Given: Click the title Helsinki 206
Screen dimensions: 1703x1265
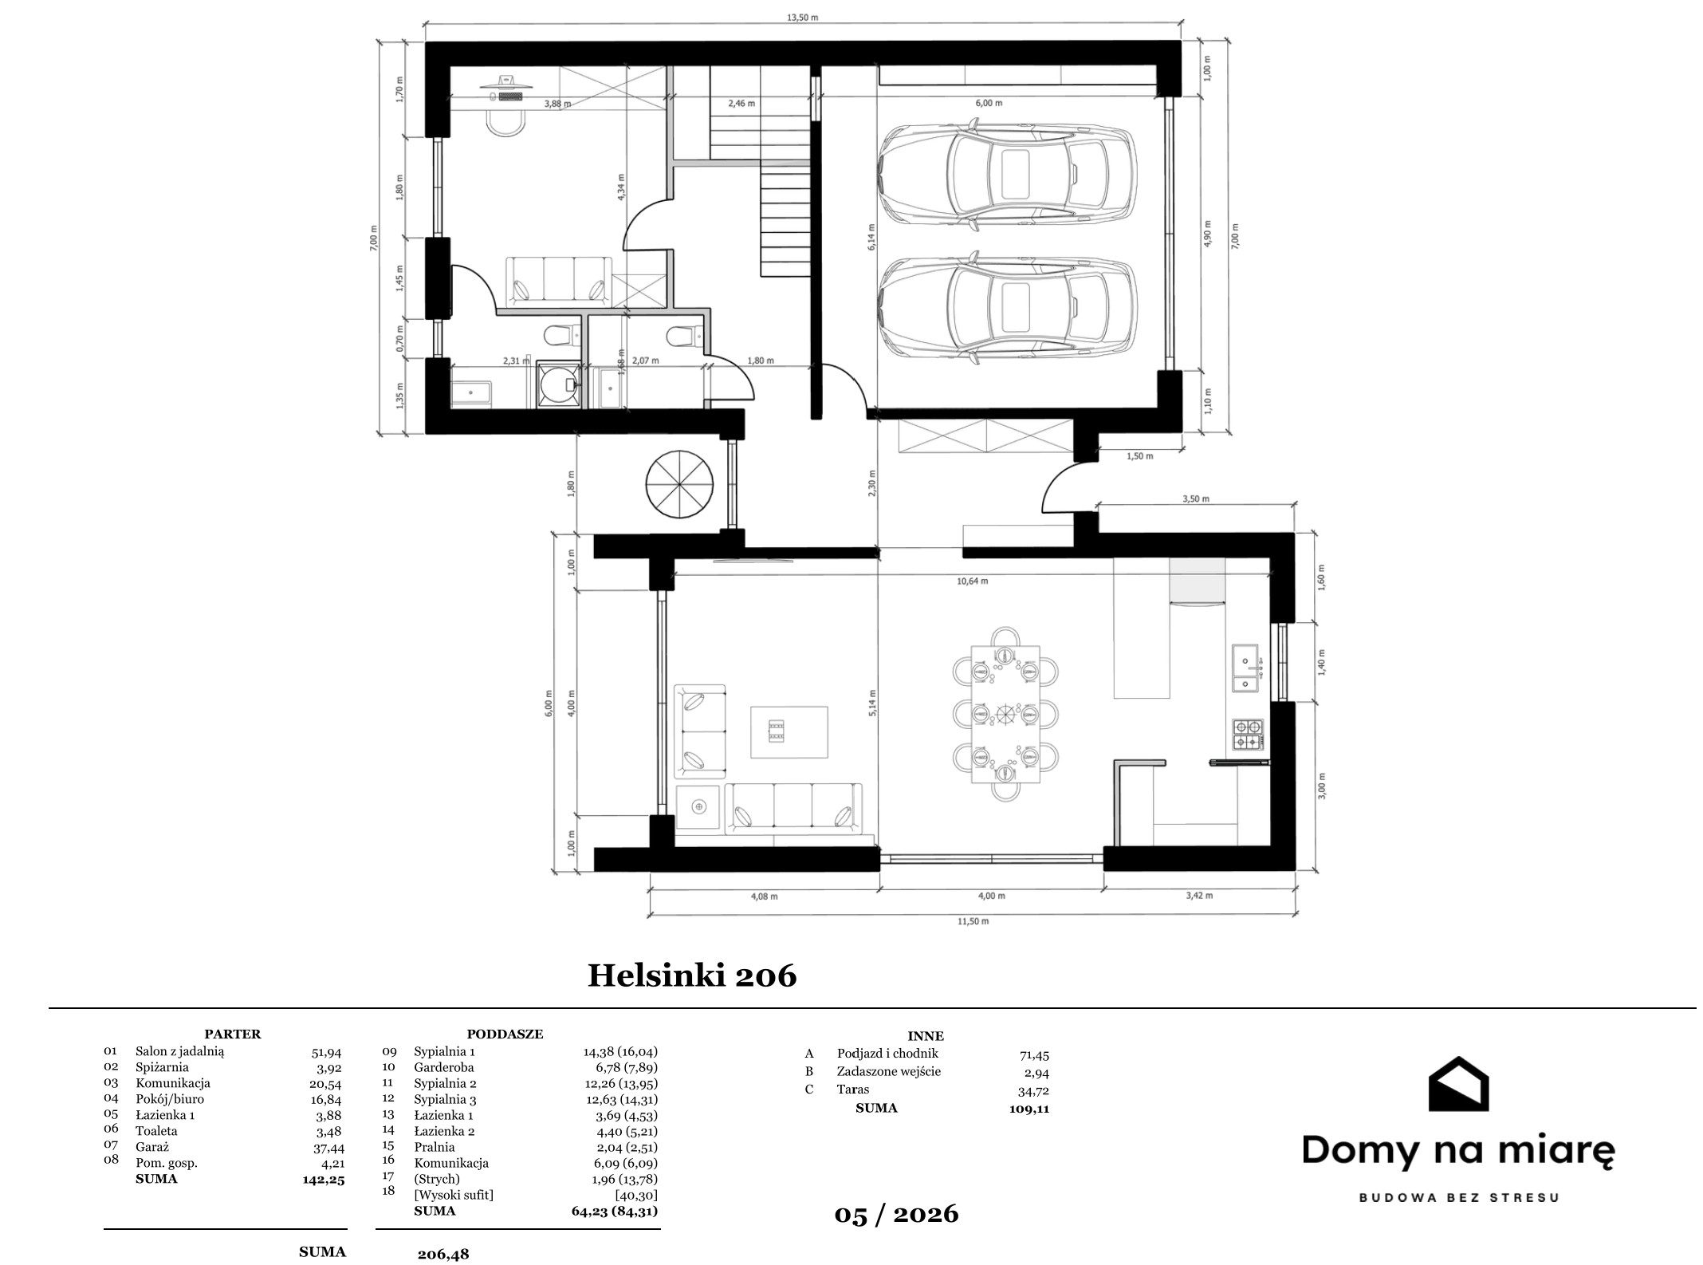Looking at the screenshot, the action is (692, 975).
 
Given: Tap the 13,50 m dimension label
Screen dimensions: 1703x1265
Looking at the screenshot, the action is (803, 17).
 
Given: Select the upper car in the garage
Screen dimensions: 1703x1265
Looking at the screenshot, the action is (1005, 175).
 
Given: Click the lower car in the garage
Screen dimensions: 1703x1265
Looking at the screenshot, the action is (1005, 308).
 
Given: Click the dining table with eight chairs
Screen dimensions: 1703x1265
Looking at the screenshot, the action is (1006, 714).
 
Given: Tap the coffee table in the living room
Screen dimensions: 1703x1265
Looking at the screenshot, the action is (789, 732).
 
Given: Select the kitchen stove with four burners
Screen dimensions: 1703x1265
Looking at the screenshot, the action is (1248, 735).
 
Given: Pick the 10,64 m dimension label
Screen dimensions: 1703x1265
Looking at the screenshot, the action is (973, 581).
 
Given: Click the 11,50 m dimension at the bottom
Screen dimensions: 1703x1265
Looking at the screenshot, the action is (973, 921).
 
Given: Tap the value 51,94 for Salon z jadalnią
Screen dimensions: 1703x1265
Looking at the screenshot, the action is (326, 1052).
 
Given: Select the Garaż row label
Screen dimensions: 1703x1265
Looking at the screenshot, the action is (152, 1147).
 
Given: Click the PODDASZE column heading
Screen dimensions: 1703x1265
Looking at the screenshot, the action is (505, 1034).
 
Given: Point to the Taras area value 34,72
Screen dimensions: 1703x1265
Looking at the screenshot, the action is (1034, 1090).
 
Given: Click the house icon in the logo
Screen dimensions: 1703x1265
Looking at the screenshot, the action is (1458, 1083).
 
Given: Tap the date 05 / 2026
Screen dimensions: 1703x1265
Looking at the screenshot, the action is (896, 1214).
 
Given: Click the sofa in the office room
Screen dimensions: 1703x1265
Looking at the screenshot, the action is (559, 280).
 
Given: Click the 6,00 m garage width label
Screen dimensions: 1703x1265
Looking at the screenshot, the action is (989, 103).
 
